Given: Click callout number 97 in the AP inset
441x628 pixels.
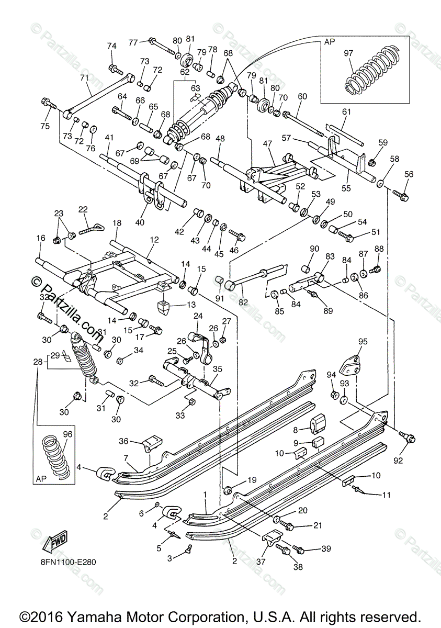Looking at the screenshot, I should (x=349, y=53).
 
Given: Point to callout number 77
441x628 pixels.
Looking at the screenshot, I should (x=133, y=42).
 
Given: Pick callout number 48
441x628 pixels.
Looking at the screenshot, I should (x=220, y=139).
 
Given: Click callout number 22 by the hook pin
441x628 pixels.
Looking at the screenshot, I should (x=83, y=209).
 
